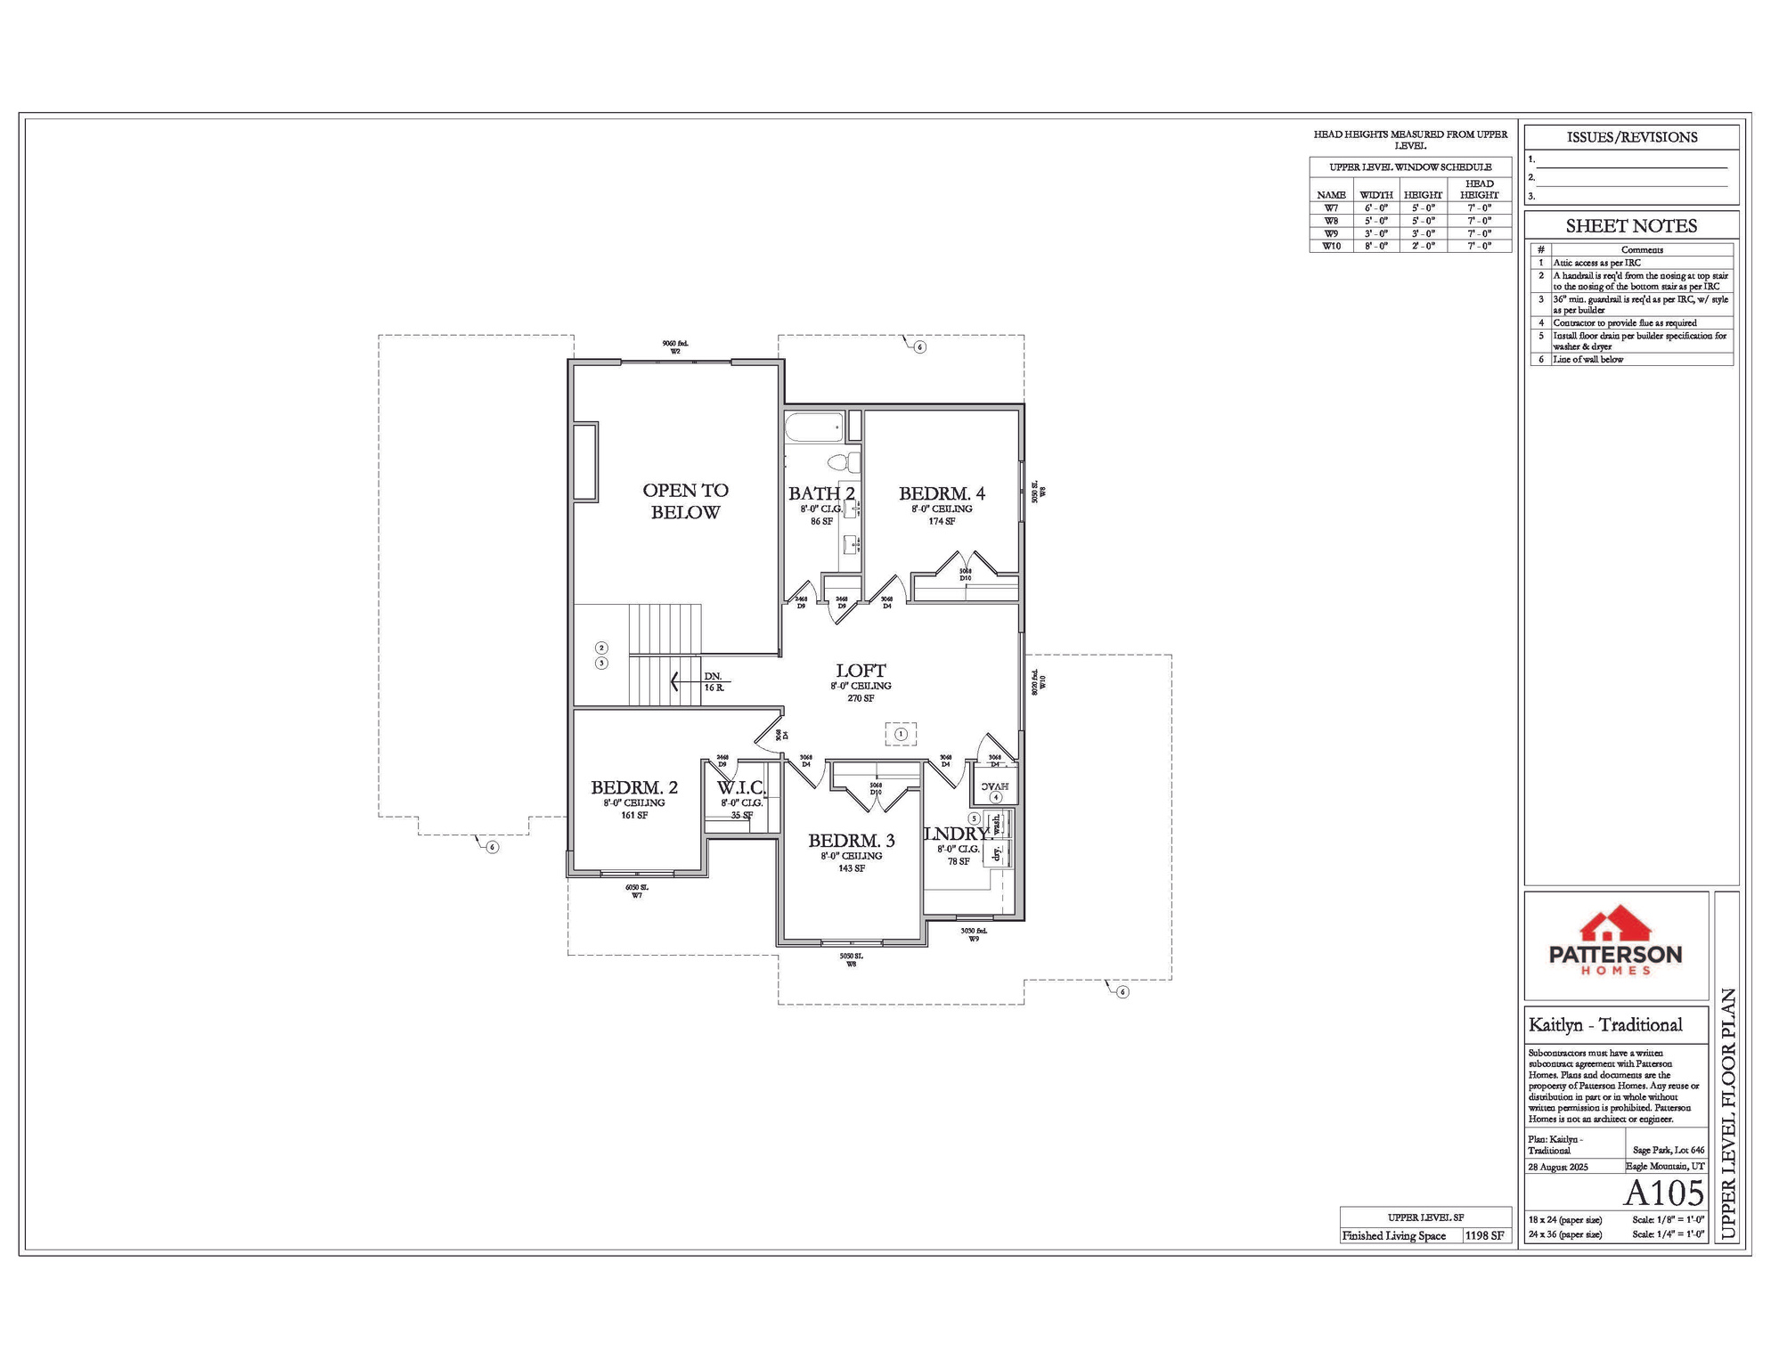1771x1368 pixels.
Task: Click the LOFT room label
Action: (861, 671)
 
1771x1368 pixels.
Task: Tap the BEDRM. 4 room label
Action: (942, 493)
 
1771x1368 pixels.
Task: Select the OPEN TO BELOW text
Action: (685, 501)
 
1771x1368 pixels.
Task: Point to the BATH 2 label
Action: (821, 493)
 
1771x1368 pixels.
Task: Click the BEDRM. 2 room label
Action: (634, 787)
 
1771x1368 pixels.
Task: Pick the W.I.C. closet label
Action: (741, 787)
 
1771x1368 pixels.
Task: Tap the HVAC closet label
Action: (994, 786)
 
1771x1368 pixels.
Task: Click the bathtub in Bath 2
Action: (813, 427)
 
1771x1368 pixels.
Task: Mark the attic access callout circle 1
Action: (901, 734)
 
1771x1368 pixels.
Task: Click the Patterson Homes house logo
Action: (1615, 927)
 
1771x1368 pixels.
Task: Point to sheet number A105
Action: (1663, 1193)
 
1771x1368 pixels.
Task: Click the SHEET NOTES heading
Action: (1631, 226)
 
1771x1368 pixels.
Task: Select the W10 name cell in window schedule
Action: (1331, 246)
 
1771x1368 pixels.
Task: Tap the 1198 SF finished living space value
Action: (1485, 1235)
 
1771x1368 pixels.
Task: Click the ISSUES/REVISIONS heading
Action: (1631, 137)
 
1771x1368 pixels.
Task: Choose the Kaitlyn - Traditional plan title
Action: (1605, 1025)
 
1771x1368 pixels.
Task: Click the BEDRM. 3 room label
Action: (851, 841)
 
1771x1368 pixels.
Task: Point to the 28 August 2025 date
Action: (1558, 1167)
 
